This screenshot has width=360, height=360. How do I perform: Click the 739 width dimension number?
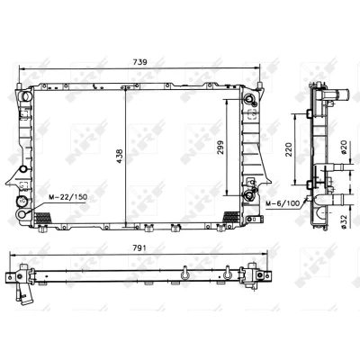(x=139, y=62)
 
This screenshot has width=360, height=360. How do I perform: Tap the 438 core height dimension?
(x=120, y=156)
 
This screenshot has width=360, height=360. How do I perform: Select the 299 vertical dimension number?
(x=220, y=148)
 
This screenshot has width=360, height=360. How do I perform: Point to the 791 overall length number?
(x=139, y=247)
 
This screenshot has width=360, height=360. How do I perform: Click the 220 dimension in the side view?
(x=288, y=149)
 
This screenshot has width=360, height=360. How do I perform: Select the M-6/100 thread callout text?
(x=283, y=203)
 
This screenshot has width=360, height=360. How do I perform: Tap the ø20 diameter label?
(x=344, y=147)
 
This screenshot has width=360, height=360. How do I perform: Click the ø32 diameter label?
(x=344, y=222)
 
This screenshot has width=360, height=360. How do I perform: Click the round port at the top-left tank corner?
(x=26, y=96)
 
